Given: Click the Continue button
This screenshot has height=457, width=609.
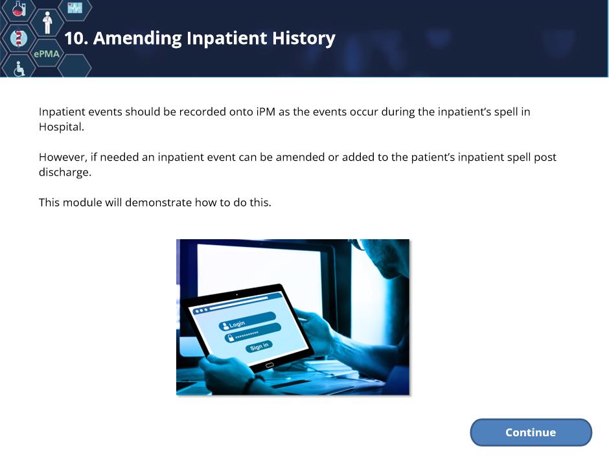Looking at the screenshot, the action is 531,432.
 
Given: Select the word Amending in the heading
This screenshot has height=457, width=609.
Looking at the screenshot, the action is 137,39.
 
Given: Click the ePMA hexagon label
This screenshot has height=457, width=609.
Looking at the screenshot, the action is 47,54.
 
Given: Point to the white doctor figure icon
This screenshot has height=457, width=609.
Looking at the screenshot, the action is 47,23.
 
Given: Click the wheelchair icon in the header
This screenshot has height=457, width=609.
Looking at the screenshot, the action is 19,69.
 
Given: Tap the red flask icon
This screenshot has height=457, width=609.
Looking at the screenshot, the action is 18,8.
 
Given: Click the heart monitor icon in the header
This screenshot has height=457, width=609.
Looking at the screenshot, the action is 75,7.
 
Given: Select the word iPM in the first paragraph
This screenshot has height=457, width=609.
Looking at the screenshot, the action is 266,111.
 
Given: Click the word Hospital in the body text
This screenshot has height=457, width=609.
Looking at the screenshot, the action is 62,126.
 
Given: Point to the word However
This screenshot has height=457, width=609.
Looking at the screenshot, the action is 63,158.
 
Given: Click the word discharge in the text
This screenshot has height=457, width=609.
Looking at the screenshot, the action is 65,172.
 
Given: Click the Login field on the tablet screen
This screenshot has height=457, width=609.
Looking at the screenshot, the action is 247,321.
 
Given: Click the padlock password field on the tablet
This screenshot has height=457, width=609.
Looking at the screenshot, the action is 253,333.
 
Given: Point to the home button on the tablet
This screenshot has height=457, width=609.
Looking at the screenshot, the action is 270,366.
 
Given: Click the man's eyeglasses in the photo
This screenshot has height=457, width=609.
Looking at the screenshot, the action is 358,244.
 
